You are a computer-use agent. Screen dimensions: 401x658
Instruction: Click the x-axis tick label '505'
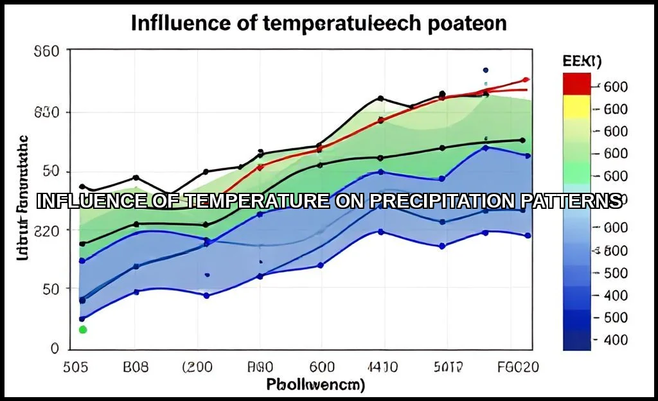coord(75,367)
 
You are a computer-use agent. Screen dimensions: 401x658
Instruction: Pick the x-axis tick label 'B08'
coord(135,367)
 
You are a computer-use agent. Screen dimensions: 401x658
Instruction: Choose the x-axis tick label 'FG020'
coord(518,367)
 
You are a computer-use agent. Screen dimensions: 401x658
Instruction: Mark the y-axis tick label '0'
coord(55,348)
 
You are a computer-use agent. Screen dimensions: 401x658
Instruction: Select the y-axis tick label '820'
coord(46,230)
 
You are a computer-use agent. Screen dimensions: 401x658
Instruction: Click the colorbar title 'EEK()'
coord(581,62)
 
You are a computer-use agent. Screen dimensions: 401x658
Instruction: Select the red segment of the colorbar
coord(576,84)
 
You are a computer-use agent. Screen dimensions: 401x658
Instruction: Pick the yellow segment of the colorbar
coord(576,106)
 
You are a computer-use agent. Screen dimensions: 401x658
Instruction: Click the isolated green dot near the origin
coord(82,330)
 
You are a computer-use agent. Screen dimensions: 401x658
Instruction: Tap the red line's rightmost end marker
coord(526,80)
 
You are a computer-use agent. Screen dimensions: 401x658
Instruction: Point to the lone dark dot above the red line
coord(486,70)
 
